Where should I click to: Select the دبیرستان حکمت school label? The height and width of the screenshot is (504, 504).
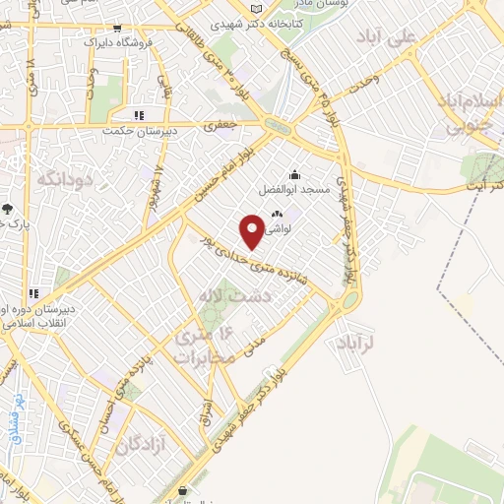click(143, 128)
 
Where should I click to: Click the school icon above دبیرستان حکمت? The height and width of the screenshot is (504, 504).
click(139, 114)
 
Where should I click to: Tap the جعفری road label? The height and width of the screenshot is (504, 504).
click(217, 126)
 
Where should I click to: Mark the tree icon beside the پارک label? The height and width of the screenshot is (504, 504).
click(8, 209)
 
